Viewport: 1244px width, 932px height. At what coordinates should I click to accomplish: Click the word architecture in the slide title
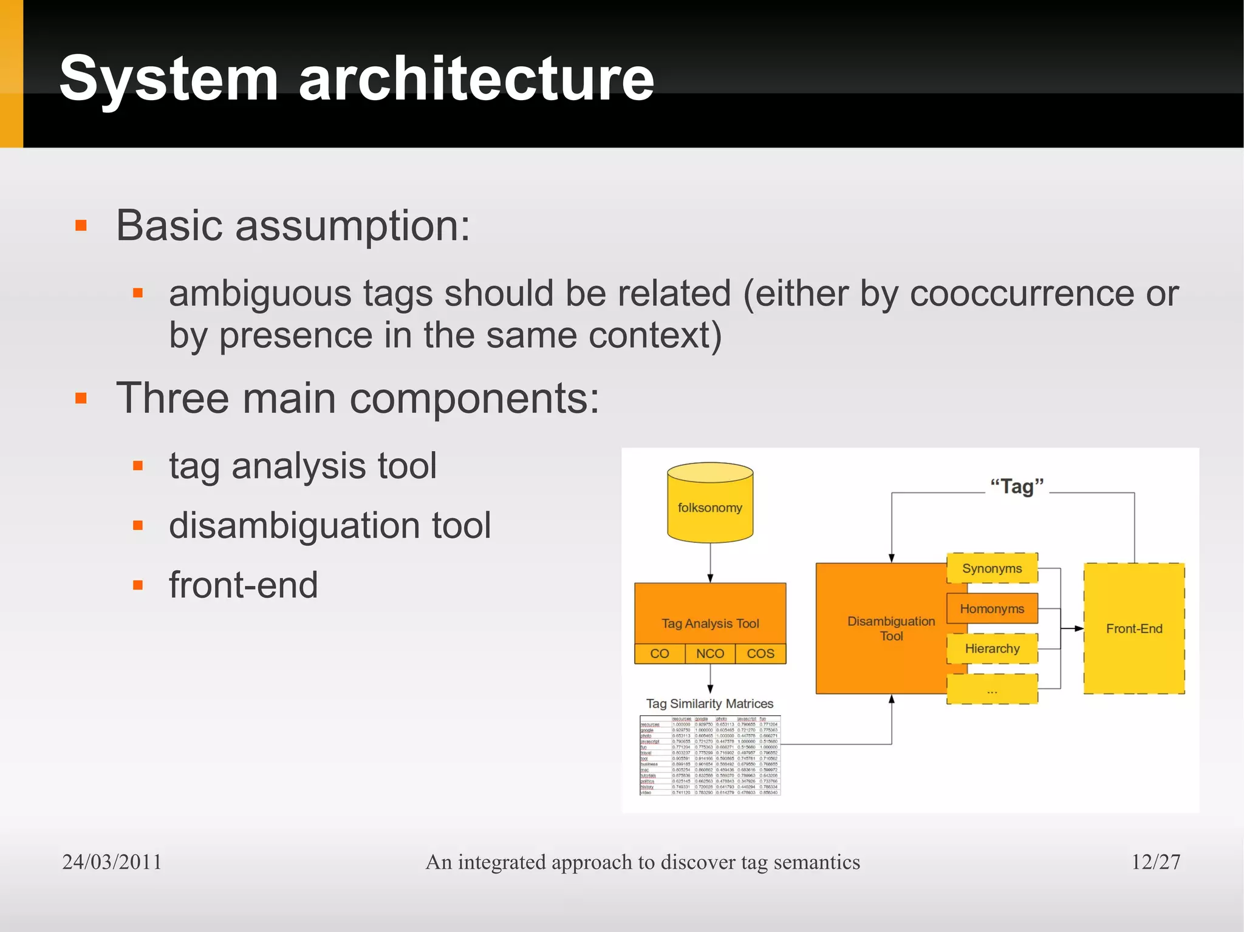pos(476,79)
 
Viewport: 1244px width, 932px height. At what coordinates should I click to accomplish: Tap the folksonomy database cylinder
pos(709,504)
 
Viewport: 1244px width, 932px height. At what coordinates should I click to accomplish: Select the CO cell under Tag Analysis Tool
pos(659,654)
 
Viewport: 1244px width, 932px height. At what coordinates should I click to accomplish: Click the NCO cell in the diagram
pos(709,654)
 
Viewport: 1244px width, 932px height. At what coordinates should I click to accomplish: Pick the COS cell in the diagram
pos(760,654)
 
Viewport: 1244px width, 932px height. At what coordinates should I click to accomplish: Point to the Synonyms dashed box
pos(992,568)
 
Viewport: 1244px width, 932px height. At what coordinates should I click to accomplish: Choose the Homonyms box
pos(992,608)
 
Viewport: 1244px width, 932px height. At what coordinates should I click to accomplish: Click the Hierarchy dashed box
pos(992,648)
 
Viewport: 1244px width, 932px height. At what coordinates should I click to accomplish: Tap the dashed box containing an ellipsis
pos(992,689)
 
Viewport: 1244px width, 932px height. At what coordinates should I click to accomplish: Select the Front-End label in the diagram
pos(1134,628)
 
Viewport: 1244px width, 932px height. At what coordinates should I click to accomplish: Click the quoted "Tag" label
pos(1017,486)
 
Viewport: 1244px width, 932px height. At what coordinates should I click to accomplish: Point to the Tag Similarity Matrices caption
pos(709,704)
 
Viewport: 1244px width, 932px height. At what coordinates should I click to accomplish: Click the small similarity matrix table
pos(709,756)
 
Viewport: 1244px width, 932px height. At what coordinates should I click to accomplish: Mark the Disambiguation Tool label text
pos(891,628)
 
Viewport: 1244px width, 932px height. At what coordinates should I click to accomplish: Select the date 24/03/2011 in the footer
pos(112,862)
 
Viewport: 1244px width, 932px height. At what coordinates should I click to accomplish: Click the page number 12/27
pos(1155,862)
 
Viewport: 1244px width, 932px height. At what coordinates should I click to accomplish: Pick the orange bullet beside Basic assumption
pos(81,226)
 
